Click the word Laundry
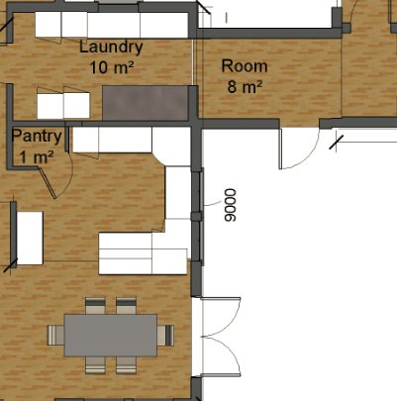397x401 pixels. click(109, 47)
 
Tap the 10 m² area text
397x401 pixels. click(112, 67)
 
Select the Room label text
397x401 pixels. click(245, 66)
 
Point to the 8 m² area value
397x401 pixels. click(245, 87)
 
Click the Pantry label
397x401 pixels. click(38, 137)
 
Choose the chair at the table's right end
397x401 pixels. click(163, 335)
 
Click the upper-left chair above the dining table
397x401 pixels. click(95, 305)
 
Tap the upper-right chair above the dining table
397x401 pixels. click(126, 305)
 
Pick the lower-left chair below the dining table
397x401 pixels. click(95, 364)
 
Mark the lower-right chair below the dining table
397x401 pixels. click(126, 364)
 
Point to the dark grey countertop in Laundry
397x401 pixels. click(147, 102)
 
